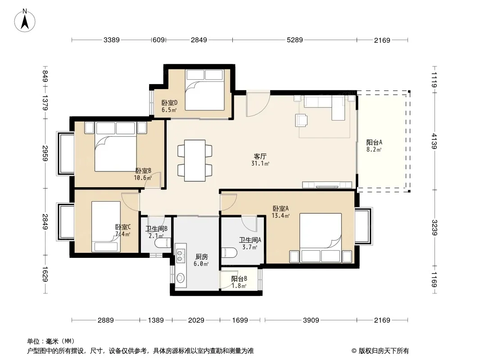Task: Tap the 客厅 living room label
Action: coord(260,157)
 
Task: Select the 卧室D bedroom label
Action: coord(170,103)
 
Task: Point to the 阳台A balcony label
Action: coord(374,143)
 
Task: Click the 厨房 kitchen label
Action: coord(201,257)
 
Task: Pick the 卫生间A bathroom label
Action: coord(250,240)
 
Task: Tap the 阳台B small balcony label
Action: coord(239,279)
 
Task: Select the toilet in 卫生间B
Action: coord(163,243)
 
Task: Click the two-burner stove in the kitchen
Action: coord(180,256)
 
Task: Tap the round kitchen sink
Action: coord(180,277)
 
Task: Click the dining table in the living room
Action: coord(195,161)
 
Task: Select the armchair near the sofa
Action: coord(301,120)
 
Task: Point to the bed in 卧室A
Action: coord(321,238)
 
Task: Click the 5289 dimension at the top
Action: coord(294,40)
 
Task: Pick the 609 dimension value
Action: coord(158,40)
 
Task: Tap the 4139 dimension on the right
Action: coord(434,141)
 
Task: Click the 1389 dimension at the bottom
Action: coord(156,320)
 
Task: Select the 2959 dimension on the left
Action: coord(45,153)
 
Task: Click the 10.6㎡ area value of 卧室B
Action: coord(143,178)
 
